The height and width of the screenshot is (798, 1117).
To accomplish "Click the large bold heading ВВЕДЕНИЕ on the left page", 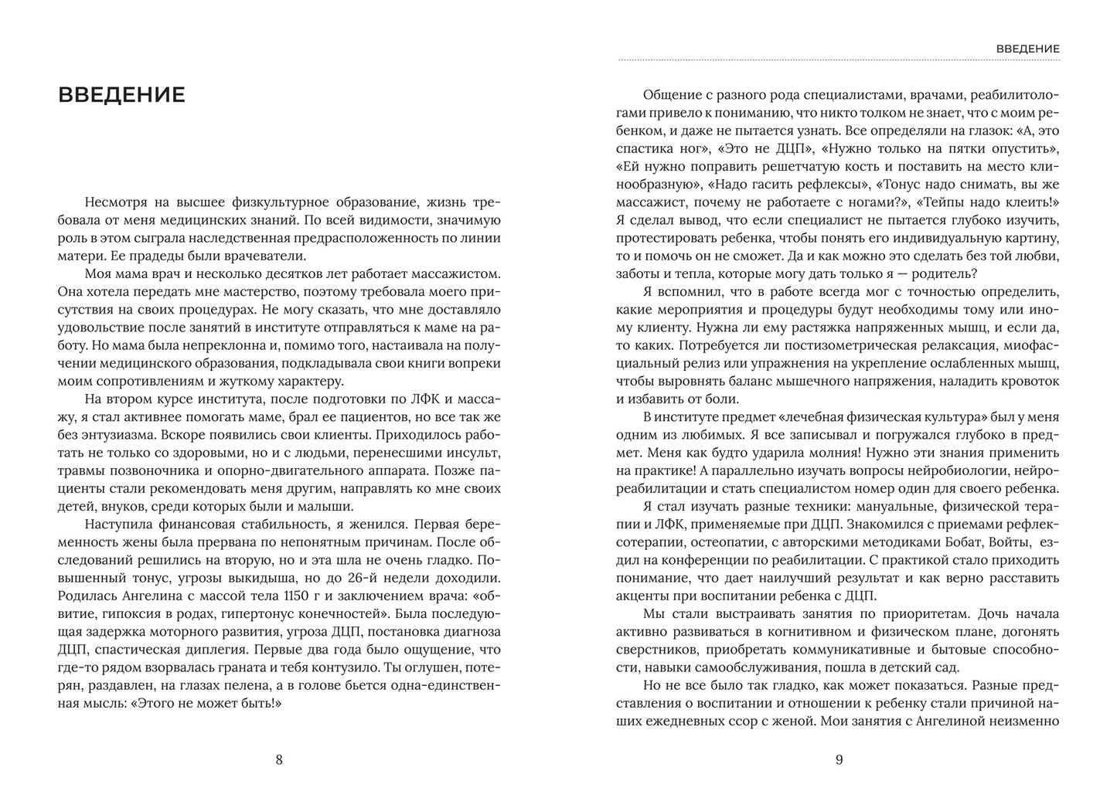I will click(121, 95).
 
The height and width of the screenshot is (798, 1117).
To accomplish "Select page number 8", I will click(279, 759).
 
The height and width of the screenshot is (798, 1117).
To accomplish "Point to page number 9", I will click(839, 759).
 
